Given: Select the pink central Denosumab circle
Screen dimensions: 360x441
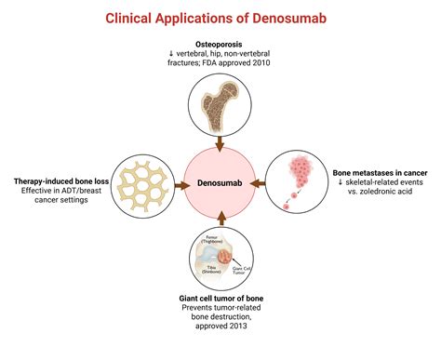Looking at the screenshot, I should point(220,181).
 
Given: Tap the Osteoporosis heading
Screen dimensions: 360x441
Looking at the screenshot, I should point(220,44).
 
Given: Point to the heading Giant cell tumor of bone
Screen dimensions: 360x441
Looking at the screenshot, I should point(220,298).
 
